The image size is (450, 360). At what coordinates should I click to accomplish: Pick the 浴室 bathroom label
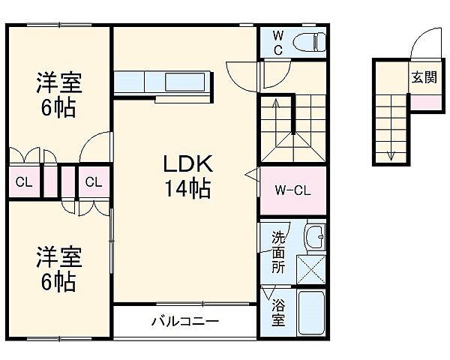pos(278,313)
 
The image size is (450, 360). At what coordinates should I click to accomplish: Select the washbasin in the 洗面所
pos(317,238)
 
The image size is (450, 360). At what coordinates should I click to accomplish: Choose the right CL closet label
pos(93,182)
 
